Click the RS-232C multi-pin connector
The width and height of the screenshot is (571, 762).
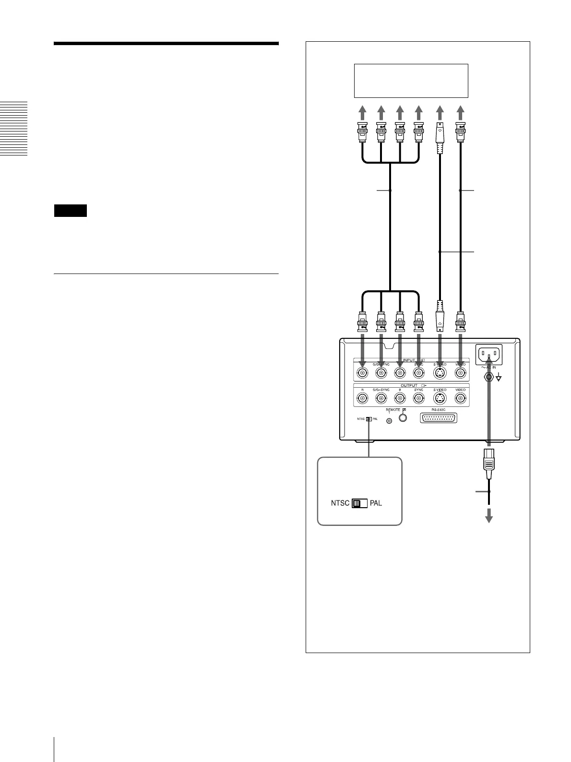point(438,418)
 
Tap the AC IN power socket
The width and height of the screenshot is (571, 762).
point(488,355)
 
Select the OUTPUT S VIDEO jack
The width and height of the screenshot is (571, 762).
point(440,398)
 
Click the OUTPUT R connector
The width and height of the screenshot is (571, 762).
point(362,398)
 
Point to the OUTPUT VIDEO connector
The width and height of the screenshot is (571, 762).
point(461,398)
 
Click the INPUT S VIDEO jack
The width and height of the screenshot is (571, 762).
point(440,372)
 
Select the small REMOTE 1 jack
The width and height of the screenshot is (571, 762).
point(389,421)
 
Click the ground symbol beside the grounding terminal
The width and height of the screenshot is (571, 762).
point(499,378)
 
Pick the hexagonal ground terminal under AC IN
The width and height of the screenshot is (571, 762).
point(488,377)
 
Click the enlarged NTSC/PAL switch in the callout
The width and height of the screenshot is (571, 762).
point(359,504)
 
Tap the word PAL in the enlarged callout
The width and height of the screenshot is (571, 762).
point(376,504)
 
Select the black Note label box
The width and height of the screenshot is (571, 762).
point(70,211)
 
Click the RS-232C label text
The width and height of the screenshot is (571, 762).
point(438,410)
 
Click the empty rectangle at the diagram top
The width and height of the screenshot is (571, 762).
point(410,81)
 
